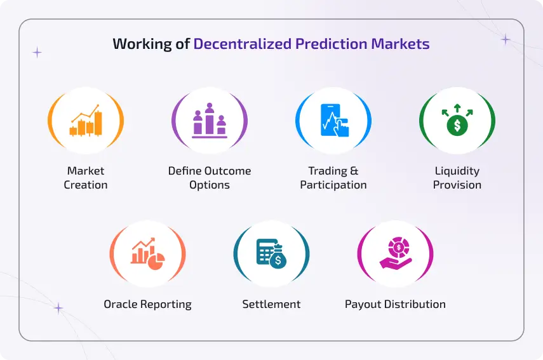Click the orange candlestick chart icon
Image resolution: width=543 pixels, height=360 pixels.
[x=86, y=121]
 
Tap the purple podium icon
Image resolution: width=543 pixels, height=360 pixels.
[x=210, y=121]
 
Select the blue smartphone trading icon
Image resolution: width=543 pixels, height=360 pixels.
[x=333, y=121]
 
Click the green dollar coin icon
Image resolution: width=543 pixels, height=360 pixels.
[x=457, y=121]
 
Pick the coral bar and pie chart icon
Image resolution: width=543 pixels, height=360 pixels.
[x=147, y=254]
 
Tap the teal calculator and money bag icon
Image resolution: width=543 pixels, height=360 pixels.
[x=271, y=254]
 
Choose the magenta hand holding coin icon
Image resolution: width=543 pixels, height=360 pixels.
[x=395, y=254]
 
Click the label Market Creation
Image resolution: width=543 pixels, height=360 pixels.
[x=86, y=178]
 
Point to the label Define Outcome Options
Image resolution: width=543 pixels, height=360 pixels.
[x=210, y=178]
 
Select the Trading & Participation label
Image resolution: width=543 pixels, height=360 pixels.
[x=333, y=178]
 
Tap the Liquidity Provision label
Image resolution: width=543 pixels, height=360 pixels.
[x=457, y=178]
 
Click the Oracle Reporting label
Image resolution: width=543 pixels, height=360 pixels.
[x=147, y=304]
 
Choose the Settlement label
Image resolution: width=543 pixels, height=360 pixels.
[x=271, y=304]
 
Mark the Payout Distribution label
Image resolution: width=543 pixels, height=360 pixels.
[x=395, y=304]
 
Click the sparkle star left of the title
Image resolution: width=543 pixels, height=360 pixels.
[x=37, y=53]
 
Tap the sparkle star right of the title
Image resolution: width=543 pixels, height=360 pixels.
[x=506, y=39]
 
